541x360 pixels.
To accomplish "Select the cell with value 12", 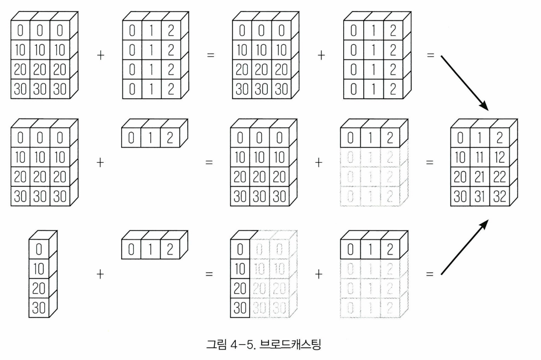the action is tap(499, 157).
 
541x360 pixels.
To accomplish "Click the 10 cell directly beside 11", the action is tap(460, 157).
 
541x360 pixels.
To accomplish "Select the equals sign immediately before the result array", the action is tap(430, 163).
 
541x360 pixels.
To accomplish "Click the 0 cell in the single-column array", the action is tap(39, 249).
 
